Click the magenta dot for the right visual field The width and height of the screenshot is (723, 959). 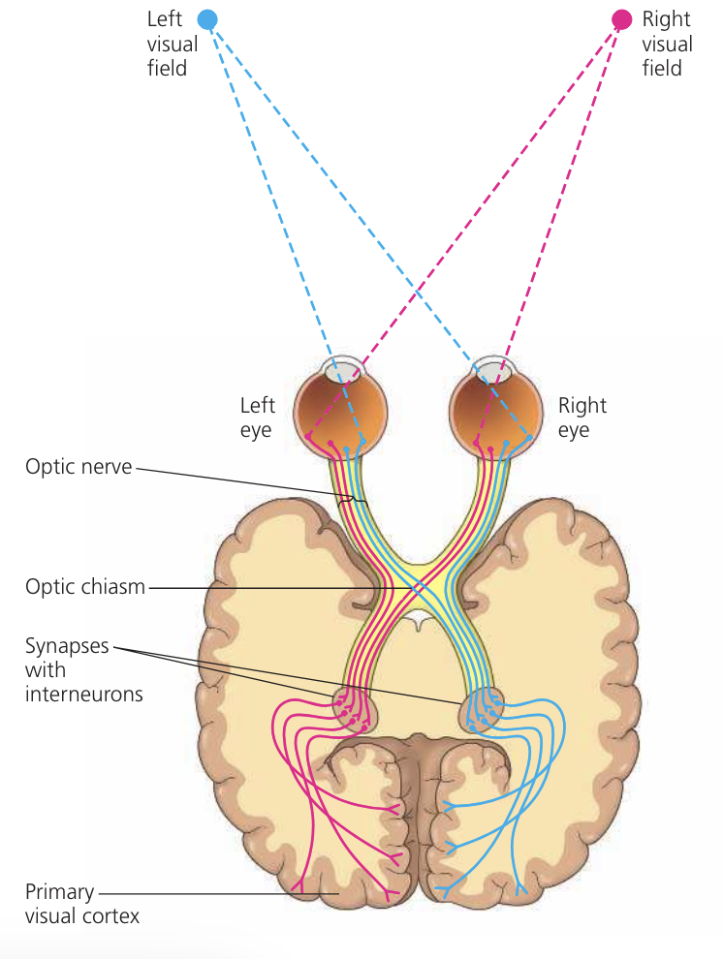[621, 19]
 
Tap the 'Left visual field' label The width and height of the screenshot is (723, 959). [172, 44]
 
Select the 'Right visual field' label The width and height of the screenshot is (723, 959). [667, 44]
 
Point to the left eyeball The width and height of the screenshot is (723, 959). [341, 407]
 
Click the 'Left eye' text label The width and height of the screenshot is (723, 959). [257, 417]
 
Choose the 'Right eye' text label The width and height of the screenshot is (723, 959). [581, 417]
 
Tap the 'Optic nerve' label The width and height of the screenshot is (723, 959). [79, 468]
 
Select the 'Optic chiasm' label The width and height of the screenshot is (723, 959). [85, 588]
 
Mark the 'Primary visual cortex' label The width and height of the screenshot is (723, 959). [82, 903]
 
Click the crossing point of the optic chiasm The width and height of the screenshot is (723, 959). [418, 587]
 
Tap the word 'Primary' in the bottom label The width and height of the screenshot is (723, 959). [61, 892]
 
